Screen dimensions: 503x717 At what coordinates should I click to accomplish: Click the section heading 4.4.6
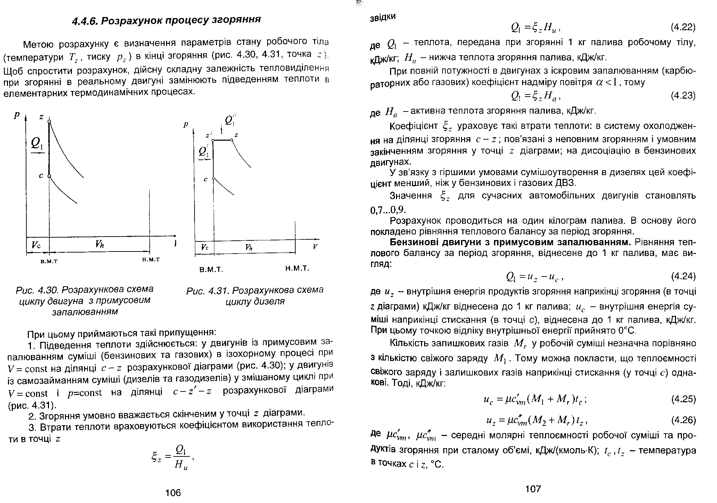coord(166,20)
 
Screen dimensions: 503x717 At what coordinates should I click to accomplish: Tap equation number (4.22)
coord(683,27)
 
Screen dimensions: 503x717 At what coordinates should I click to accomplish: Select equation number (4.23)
coord(683,96)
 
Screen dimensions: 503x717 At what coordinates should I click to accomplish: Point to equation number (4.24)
coord(683,276)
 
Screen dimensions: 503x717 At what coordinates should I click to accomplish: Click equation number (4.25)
coord(683,399)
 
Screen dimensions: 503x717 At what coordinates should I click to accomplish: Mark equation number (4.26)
coord(683,420)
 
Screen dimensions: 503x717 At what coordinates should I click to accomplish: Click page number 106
coord(173,492)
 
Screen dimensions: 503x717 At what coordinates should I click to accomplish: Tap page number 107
coord(533,489)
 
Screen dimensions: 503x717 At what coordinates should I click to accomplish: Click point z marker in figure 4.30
coord(49,121)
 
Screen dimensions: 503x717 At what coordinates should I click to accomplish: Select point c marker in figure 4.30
coord(49,176)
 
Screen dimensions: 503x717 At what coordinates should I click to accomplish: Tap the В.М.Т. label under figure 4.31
coord(211,269)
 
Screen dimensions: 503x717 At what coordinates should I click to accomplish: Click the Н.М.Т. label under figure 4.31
coord(297,269)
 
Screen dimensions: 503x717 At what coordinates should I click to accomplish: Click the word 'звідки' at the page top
coord(382,17)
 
